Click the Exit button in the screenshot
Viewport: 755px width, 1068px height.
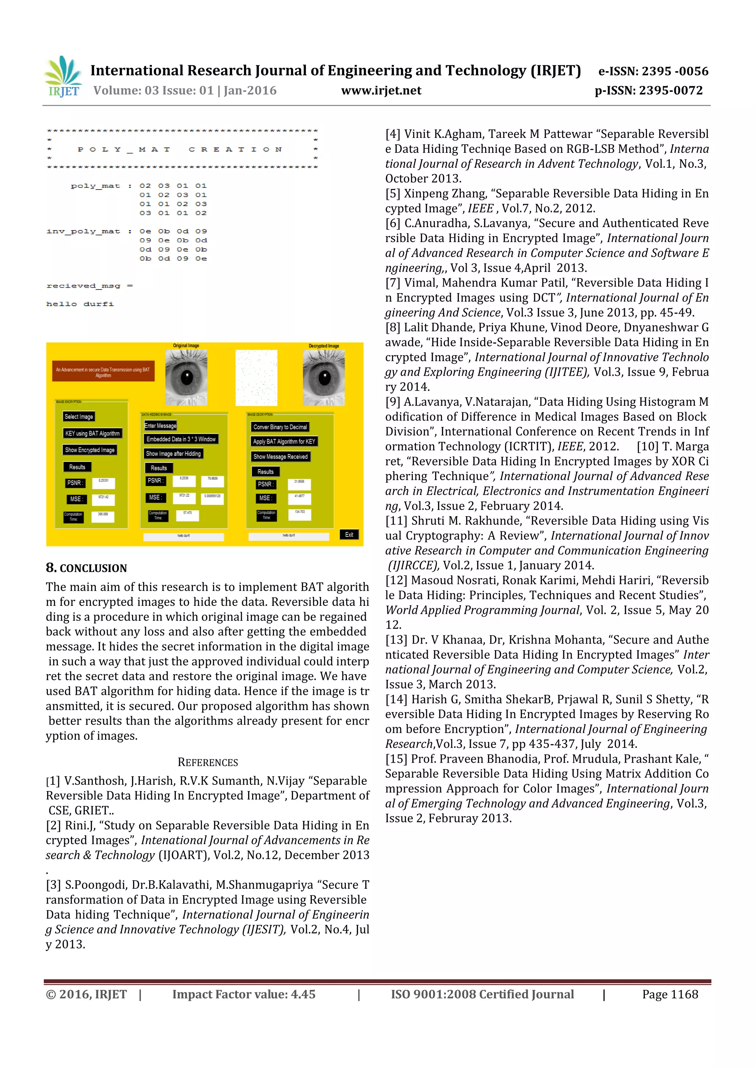click(x=349, y=534)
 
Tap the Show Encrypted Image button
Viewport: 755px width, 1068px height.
click(x=90, y=450)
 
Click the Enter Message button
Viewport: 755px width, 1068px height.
click(x=160, y=426)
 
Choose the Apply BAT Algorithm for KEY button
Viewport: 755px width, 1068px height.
click(x=284, y=441)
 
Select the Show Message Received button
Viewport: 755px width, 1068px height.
click(x=280, y=457)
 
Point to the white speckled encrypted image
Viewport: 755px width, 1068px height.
click(x=256, y=378)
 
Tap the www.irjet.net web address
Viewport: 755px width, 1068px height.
click(x=381, y=90)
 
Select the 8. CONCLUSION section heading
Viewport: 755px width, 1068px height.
click(x=87, y=568)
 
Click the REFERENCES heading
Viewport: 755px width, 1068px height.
click(x=208, y=762)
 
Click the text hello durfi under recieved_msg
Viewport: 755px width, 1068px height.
click(x=80, y=304)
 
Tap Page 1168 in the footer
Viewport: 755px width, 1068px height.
click(x=670, y=995)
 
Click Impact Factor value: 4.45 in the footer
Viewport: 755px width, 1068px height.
click(x=244, y=995)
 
